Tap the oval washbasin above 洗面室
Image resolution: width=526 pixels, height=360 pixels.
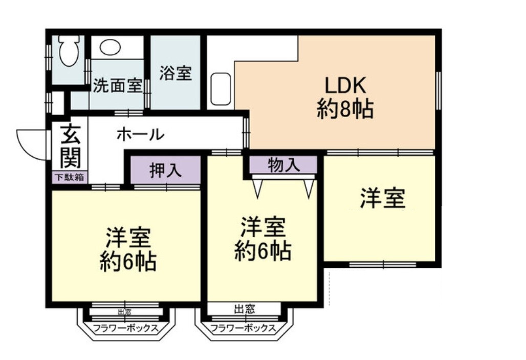110,48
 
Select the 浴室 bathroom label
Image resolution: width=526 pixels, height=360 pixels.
175,73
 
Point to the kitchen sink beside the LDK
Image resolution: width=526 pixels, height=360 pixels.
221,88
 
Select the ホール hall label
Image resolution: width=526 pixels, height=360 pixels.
140,135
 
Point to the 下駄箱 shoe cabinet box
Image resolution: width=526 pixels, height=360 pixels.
70,178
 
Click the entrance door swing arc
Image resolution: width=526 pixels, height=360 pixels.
31,143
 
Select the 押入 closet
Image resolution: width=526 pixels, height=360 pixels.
165,170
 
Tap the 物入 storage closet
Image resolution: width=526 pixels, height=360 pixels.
283,165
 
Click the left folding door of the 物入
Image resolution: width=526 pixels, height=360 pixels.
258,187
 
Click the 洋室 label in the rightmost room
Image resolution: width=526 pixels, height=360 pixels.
383,198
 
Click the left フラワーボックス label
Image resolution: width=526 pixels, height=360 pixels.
125,328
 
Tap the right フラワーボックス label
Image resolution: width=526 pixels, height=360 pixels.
243,328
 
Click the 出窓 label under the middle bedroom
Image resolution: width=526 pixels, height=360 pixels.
245,309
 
